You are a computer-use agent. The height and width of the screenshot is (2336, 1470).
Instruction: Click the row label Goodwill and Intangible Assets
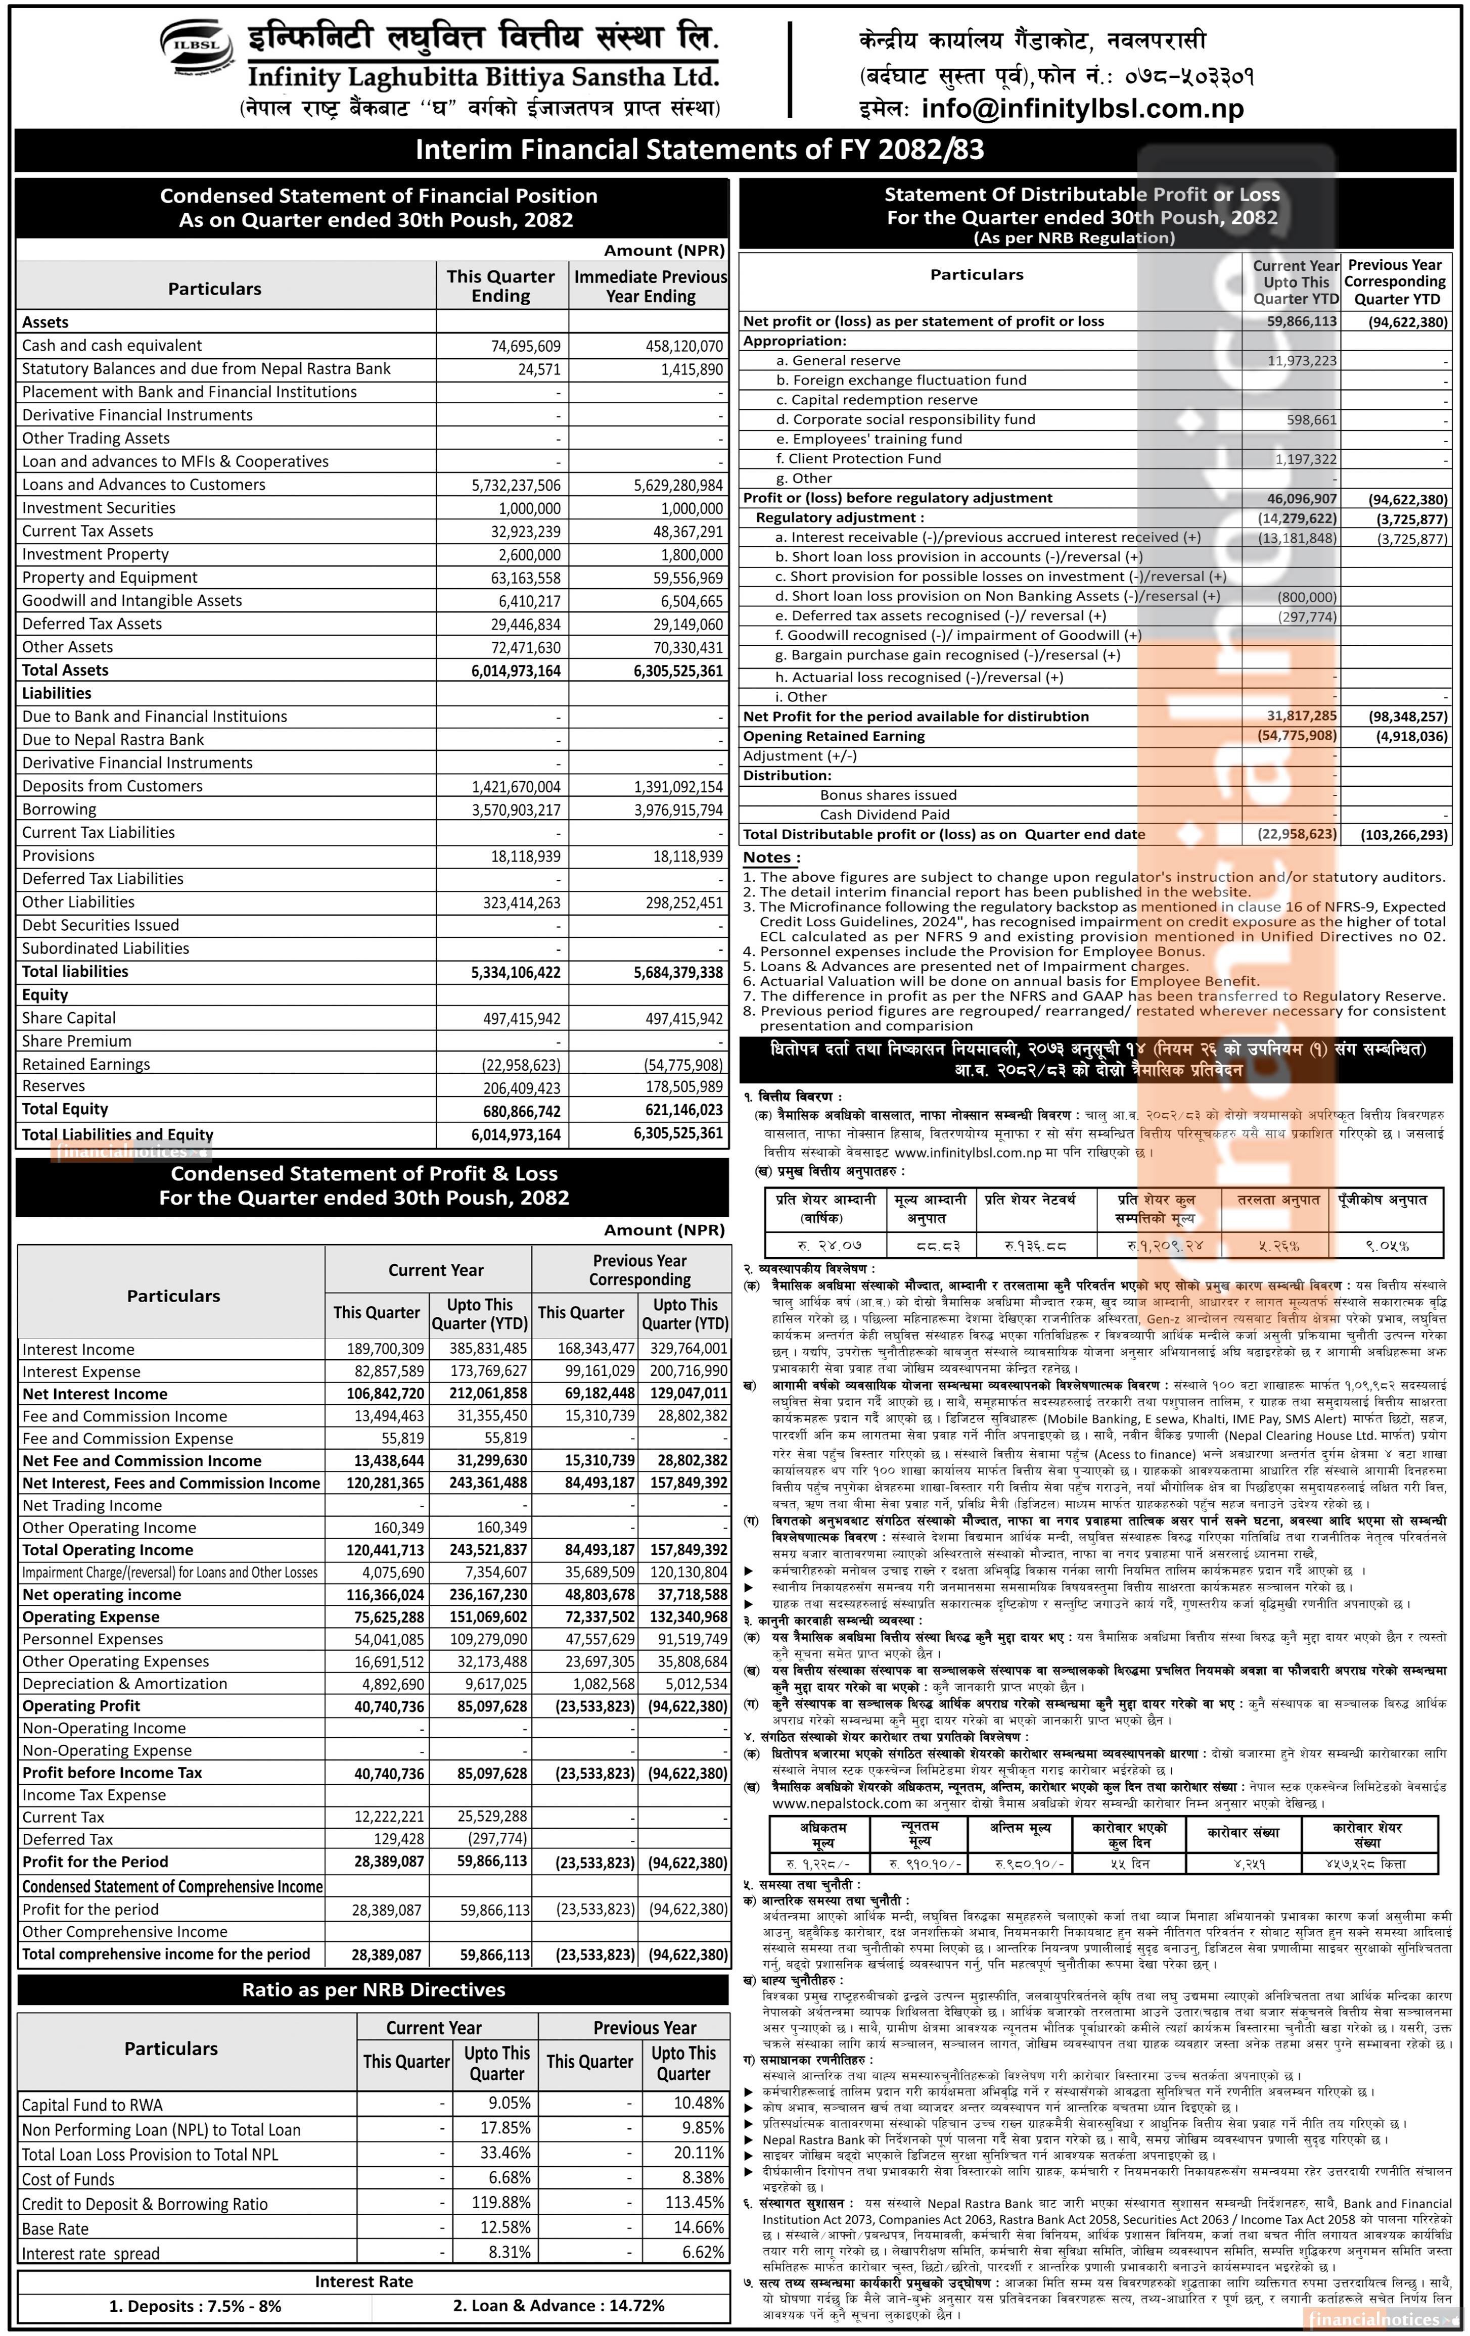point(132,600)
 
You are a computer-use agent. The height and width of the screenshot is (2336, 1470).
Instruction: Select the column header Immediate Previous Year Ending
point(650,286)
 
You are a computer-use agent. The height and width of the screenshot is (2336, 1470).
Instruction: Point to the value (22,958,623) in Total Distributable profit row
point(1297,834)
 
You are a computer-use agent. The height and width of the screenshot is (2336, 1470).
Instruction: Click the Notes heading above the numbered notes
point(771,857)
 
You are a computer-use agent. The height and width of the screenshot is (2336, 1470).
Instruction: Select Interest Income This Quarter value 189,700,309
point(385,1349)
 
